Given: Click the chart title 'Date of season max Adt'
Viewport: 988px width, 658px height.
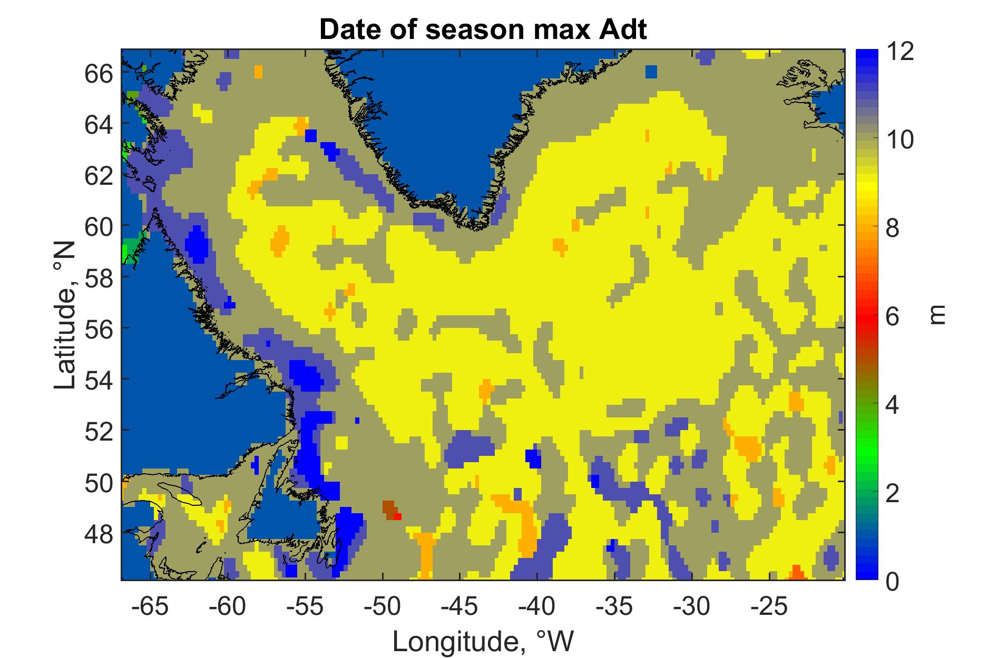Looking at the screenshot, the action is (x=483, y=31).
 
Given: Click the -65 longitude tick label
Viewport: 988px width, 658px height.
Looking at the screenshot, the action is (x=151, y=607).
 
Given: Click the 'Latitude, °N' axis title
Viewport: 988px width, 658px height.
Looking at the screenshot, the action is (x=66, y=315).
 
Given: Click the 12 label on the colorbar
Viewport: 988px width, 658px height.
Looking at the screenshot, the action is (x=900, y=53).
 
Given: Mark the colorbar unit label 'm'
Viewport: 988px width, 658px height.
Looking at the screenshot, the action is (x=937, y=315).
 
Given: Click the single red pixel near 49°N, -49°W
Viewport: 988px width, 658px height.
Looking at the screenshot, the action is (x=398, y=516).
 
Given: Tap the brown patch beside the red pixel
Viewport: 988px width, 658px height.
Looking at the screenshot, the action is (x=389, y=510).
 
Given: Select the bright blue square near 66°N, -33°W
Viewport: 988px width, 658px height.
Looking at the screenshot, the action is (x=651, y=72).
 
